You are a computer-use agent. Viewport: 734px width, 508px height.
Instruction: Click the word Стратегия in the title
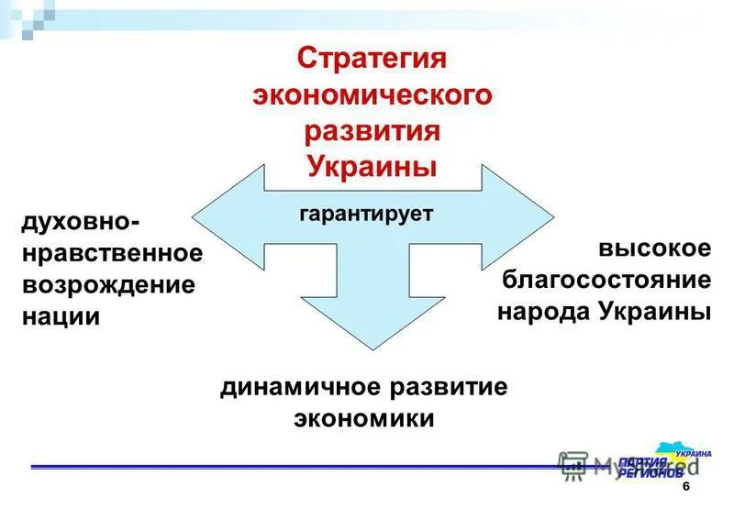click(x=372, y=58)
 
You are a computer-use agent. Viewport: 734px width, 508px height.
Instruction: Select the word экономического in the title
click(x=373, y=94)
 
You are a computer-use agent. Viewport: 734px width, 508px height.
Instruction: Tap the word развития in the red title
click(x=373, y=130)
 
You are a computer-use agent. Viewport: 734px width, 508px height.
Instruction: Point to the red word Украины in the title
click(x=372, y=166)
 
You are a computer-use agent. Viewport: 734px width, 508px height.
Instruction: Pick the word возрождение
click(x=107, y=284)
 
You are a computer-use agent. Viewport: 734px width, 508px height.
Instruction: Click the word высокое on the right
click(x=655, y=248)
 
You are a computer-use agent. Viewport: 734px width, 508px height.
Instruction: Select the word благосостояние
click(x=606, y=280)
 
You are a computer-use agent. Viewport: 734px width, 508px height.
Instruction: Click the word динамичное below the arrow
click(x=298, y=386)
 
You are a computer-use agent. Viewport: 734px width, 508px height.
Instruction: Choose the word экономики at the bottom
click(x=363, y=418)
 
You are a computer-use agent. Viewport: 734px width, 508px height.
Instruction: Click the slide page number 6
click(x=685, y=488)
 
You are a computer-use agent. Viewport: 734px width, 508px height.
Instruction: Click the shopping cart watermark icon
click(x=573, y=465)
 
